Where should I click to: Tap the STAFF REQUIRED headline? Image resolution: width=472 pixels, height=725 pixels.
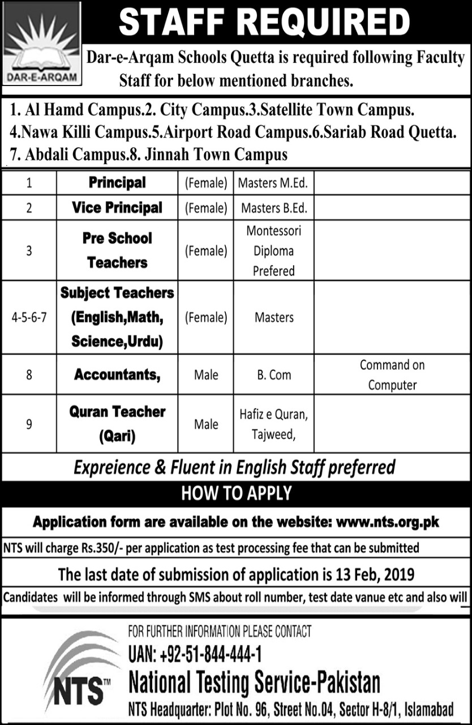point(264,22)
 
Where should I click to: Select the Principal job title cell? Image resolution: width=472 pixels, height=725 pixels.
point(117,183)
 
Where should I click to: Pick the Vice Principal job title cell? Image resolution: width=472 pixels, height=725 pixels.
point(117,208)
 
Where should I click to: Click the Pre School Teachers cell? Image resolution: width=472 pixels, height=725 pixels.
point(117,250)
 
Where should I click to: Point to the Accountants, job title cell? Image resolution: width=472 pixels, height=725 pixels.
point(117,374)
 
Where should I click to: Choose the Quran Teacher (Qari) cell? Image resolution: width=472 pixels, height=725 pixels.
point(117,424)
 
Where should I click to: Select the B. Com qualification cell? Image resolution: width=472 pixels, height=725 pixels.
point(274,375)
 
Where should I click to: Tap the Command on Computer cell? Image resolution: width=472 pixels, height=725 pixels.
point(392,375)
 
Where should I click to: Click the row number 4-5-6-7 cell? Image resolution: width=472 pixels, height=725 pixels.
point(29,318)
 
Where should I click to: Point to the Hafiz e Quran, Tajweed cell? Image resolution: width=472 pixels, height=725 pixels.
point(274,424)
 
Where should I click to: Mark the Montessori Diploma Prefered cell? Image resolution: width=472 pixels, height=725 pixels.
point(274,250)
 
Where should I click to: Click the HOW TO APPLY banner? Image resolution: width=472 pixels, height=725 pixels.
point(236,493)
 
